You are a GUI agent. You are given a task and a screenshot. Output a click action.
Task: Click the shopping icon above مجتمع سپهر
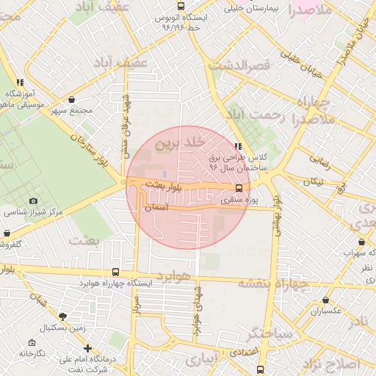coord(71,99)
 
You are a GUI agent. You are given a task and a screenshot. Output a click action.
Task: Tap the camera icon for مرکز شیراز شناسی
coord(33,200)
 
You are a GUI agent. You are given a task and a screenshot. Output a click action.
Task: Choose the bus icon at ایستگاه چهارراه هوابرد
coord(116,272)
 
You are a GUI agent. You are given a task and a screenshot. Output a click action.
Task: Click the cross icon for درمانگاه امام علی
coord(87,348)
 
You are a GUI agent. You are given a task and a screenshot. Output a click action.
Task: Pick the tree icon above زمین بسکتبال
coord(62,317)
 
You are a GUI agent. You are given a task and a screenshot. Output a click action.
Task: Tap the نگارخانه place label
coord(32,353)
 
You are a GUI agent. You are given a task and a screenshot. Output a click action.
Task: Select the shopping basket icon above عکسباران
coord(325,300)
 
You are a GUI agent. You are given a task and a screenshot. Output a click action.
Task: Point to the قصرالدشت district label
coord(240,66)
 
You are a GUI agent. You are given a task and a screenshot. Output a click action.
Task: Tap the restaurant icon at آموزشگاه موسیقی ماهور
coord(20,82)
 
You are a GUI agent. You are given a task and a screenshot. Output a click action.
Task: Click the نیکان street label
coord(314,180)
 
